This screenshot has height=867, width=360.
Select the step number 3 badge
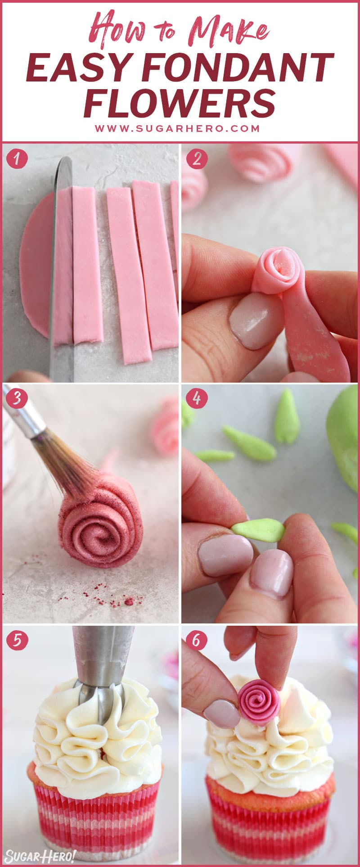(x=17, y=399)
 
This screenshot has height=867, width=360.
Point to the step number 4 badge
(x=196, y=399)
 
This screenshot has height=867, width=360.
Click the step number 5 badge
(x=17, y=640)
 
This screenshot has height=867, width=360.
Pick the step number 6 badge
(x=196, y=640)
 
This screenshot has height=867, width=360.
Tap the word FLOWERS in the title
(x=180, y=102)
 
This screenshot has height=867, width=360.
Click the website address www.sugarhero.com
(x=177, y=128)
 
